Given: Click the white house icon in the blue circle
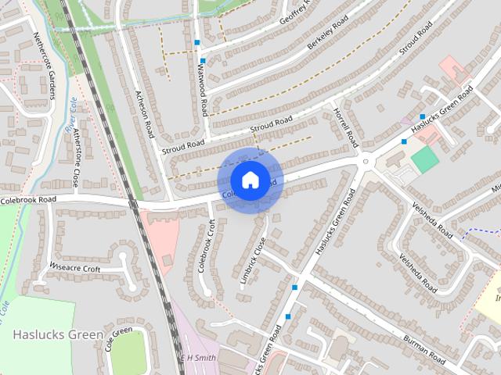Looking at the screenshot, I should tap(250, 180).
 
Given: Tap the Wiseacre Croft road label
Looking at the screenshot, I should tap(75, 269).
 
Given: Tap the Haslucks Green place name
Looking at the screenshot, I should tap(58, 334).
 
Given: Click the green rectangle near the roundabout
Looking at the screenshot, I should tap(424, 160).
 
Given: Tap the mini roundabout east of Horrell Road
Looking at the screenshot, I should tap(365, 162).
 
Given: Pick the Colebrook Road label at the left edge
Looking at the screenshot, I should tap(29, 200).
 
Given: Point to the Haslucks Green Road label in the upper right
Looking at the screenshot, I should tap(442, 110).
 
